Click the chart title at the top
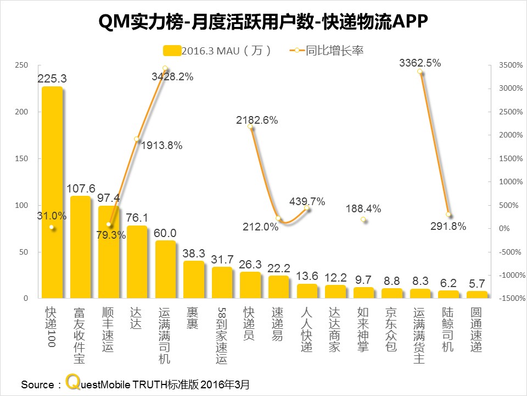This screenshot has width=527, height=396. click(x=263, y=23)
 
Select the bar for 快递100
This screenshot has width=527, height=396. click(x=52, y=193)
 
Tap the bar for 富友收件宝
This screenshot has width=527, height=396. click(x=81, y=248)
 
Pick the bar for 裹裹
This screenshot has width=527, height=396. click(x=194, y=280)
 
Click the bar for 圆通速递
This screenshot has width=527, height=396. click(x=477, y=295)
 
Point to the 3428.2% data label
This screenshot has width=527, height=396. click(x=172, y=77)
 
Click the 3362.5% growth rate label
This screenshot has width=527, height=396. click(x=420, y=63)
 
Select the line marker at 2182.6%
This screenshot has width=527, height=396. click(x=250, y=127)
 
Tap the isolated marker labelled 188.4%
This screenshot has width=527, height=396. click(x=363, y=219)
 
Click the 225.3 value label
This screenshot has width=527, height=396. click(x=52, y=79)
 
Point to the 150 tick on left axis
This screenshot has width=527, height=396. click(x=21, y=158)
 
